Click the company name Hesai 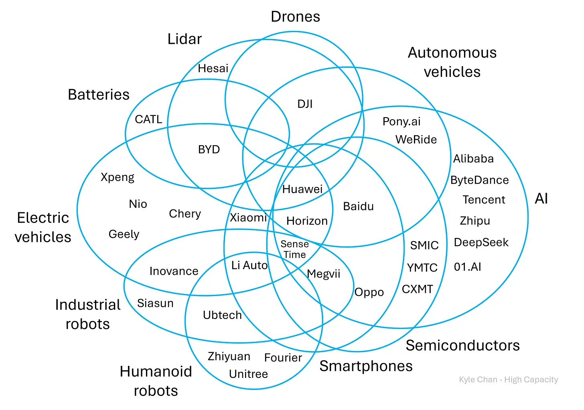(213, 68)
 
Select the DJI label (305, 104)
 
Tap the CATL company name (148, 119)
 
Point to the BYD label (209, 149)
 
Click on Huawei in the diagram (302, 189)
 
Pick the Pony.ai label (401, 121)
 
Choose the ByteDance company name (479, 180)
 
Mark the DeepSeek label (481, 242)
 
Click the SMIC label (424, 245)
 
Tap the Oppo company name (369, 292)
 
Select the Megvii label (323, 274)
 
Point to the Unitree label (248, 374)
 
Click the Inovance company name (174, 271)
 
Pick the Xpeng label (118, 177)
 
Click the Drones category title (296, 16)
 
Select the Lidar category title (185, 39)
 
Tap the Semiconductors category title (462, 345)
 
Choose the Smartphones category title (366, 366)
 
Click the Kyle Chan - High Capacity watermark (508, 380)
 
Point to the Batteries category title (99, 95)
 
